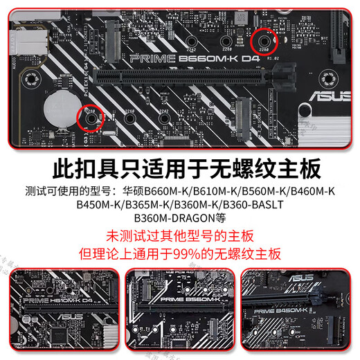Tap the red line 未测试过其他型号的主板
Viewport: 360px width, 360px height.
(179, 235)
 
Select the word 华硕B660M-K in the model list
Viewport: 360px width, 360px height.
(146, 190)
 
